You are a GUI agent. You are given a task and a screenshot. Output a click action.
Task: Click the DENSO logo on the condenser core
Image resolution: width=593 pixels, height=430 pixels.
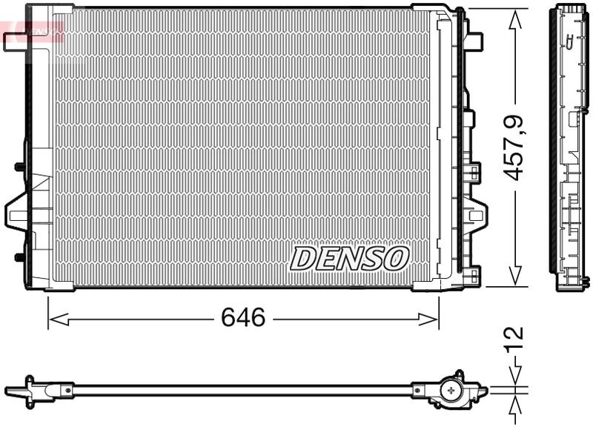tap(349, 258)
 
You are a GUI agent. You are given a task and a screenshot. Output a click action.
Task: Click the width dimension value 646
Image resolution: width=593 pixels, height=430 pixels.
tap(243, 317)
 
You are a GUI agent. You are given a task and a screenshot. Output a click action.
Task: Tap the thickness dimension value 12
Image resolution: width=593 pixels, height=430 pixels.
tap(514, 338)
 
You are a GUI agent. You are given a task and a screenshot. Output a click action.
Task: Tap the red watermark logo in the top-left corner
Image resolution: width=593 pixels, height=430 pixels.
tap(33, 30)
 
